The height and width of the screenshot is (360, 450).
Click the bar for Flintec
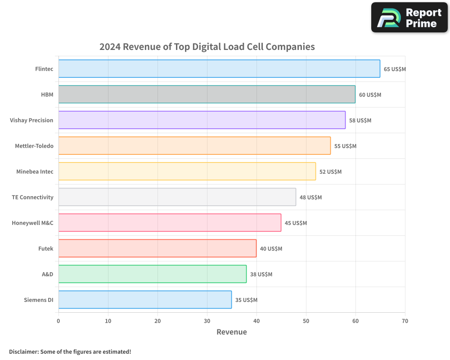click(219, 69)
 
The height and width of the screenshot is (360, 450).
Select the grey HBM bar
click(207, 94)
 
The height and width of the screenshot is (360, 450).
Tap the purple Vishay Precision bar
click(202, 120)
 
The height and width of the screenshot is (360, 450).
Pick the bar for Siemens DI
click(145, 300)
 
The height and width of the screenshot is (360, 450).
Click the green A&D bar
click(153, 274)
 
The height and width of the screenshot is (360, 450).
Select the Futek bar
click(157, 248)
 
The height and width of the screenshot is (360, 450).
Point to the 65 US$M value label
click(395, 69)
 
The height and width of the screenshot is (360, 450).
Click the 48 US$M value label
click(310, 198)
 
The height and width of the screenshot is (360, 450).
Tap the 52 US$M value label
click(330, 172)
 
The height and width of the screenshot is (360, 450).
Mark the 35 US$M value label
click(246, 300)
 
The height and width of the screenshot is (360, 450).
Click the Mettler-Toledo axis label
click(34, 146)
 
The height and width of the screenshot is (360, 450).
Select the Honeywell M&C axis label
click(32, 223)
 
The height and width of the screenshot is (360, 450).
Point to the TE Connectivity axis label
click(32, 197)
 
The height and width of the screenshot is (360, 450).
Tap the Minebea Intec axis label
click(35, 171)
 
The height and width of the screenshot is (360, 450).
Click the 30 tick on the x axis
click(207, 321)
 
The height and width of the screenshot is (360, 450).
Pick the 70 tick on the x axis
click(405, 321)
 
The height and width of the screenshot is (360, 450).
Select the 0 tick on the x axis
click(58, 321)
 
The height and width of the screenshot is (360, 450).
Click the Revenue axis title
click(232, 332)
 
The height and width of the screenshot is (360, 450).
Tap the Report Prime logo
click(409, 18)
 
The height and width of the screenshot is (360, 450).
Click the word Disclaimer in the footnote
click(23, 351)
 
